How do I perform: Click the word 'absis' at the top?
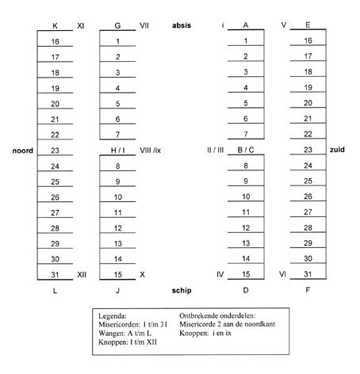pyautogui.click(x=182, y=25)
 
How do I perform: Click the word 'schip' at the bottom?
pyautogui.click(x=182, y=291)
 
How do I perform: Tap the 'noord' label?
pyautogui.click(x=23, y=151)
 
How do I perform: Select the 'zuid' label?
pyautogui.click(x=337, y=150)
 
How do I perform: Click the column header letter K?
pyautogui.click(x=55, y=26)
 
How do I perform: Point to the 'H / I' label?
pyautogui.click(x=117, y=151)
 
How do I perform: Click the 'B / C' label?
pyautogui.click(x=246, y=150)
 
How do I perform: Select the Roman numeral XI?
pyautogui.click(x=81, y=26)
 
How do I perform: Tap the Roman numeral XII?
pyautogui.click(x=82, y=275)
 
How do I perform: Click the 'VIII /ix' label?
pyautogui.click(x=150, y=151)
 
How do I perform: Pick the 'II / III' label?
pyautogui.click(x=215, y=150)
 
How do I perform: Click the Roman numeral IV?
pyautogui.click(x=220, y=274)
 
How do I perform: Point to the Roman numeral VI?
pyautogui.click(x=282, y=274)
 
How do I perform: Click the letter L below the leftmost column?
pyautogui.click(x=55, y=291)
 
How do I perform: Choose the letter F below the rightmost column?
pyautogui.click(x=308, y=290)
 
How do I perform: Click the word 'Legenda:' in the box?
pyautogui.click(x=113, y=316)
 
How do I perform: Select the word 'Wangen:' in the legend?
pyautogui.click(x=112, y=334)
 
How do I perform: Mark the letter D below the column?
pyautogui.click(x=246, y=290)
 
